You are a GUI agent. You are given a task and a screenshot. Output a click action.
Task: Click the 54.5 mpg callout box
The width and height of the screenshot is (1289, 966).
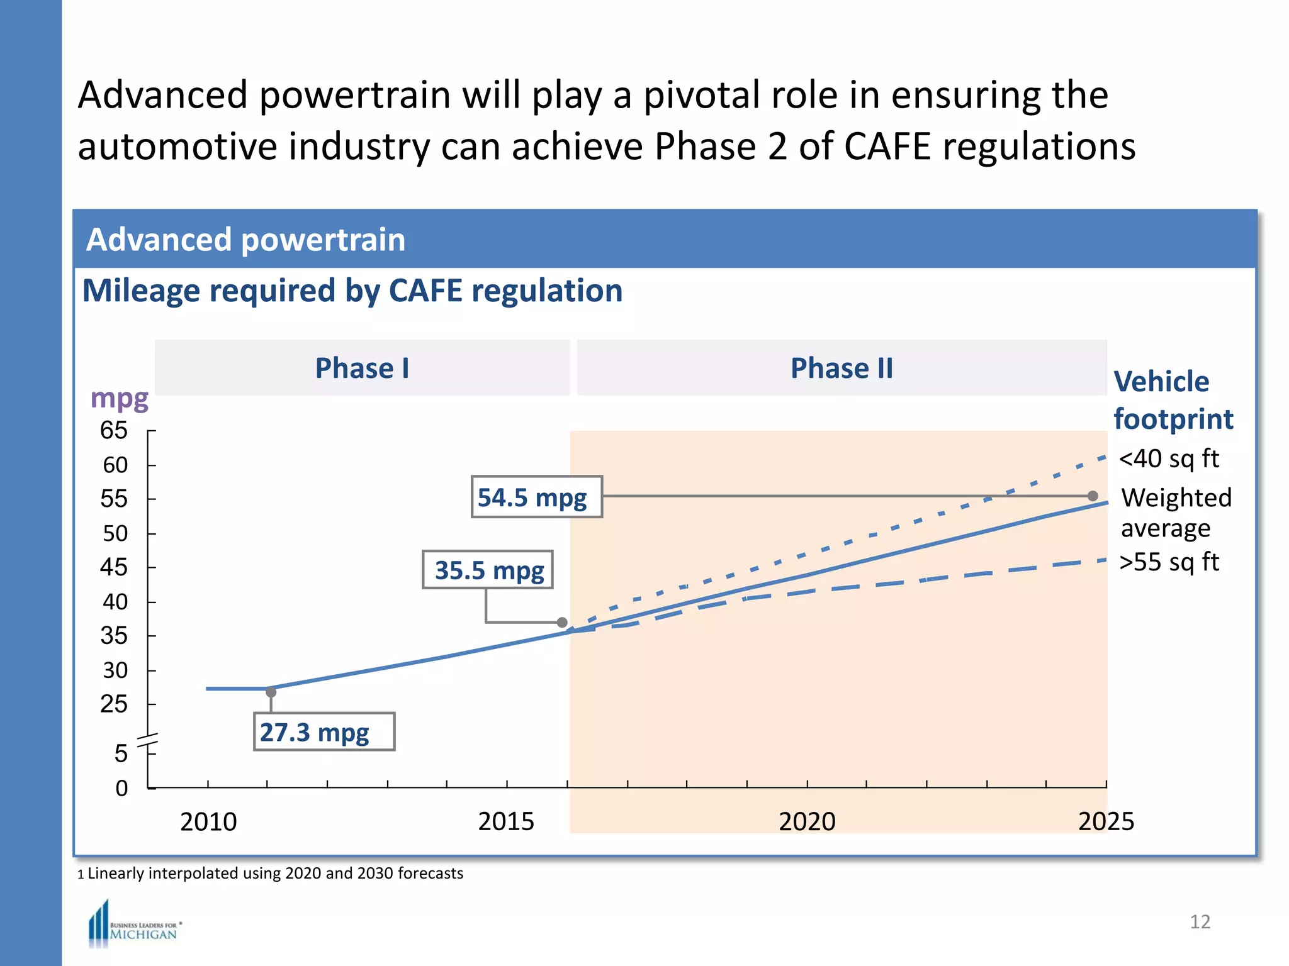[x=536, y=497]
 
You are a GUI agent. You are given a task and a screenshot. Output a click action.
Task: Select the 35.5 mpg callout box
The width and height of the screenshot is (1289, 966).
[x=488, y=570]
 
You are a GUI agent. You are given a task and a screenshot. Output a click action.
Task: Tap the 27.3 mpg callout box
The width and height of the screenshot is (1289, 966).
[x=324, y=731]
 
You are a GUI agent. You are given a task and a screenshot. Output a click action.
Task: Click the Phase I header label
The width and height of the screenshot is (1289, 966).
[x=362, y=368]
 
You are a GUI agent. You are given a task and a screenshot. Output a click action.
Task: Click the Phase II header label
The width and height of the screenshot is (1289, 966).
[x=842, y=368]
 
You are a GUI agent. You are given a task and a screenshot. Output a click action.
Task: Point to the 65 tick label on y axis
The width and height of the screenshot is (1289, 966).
[x=114, y=431]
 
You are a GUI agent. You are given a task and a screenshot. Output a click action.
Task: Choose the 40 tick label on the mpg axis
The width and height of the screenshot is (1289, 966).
[x=115, y=602]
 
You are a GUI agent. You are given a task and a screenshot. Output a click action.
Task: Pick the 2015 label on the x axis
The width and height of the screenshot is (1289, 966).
[x=506, y=821]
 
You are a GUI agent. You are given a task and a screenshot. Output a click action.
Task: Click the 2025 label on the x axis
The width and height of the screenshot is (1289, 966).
[x=1106, y=821]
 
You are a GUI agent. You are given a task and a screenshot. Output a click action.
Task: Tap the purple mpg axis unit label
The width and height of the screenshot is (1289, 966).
[x=119, y=399]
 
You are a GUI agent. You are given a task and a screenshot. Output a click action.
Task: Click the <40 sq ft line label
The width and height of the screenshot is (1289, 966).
[x=1169, y=458]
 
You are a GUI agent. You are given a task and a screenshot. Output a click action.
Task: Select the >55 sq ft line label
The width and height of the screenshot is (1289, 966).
[x=1169, y=562]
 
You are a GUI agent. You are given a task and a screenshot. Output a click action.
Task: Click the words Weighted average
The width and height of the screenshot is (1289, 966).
[x=1174, y=513]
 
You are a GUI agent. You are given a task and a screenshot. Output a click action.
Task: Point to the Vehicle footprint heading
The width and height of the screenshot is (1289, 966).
[x=1172, y=400]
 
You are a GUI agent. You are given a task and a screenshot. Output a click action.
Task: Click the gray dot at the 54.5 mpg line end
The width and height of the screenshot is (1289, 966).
[x=1093, y=496]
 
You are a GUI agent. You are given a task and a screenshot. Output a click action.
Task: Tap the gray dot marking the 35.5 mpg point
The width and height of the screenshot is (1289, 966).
[x=562, y=622]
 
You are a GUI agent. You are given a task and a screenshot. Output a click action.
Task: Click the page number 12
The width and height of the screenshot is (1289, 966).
[x=1200, y=921]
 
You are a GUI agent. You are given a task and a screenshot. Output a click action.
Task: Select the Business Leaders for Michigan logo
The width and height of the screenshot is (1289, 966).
[x=135, y=925]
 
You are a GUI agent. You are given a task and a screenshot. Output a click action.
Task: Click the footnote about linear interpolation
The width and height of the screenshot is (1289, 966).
[x=271, y=873]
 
